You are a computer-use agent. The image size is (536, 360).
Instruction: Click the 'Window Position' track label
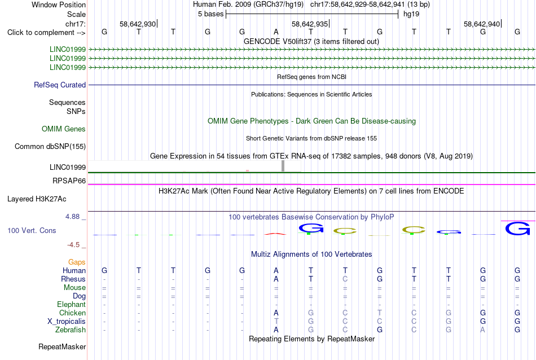59,5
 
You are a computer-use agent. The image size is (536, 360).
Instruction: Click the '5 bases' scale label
210,14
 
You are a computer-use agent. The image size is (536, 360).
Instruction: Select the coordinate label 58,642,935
310,24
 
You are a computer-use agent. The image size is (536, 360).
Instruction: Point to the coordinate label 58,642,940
482,24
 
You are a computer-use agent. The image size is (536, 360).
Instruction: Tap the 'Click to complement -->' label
46,33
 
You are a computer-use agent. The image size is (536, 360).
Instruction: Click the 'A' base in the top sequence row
276,32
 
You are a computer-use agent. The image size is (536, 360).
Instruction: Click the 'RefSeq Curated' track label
60,85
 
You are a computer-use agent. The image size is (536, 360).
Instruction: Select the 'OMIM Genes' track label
64,129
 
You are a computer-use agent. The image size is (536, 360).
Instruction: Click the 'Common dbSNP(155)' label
50,146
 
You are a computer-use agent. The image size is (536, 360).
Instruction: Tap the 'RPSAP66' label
69,181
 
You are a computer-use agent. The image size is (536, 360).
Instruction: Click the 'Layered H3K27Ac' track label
37,199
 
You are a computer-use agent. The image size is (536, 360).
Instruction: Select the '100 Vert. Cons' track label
32,230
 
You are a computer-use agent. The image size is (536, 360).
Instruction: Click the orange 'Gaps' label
77,262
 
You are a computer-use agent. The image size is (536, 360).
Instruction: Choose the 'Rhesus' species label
73,279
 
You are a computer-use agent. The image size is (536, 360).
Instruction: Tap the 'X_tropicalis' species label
67,322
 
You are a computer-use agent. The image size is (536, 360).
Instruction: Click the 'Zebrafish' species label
71,330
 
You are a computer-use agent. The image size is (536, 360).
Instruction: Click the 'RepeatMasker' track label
62,346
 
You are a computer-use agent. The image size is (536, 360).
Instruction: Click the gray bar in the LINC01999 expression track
283,166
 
